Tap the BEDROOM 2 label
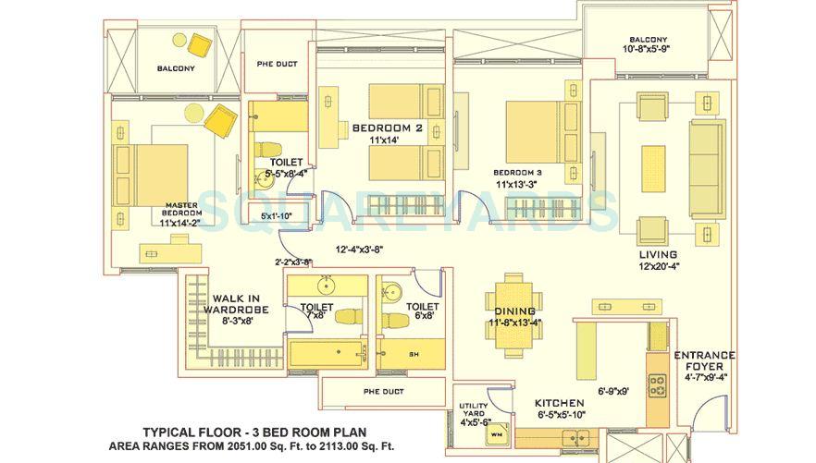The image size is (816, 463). pyautogui.click(x=387, y=128)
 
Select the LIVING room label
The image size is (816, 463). pyautogui.click(x=657, y=254)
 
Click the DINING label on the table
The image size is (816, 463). pyautogui.click(x=514, y=311)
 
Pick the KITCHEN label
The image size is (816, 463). pyautogui.click(x=560, y=403)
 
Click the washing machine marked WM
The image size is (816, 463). pyautogui.click(x=495, y=432)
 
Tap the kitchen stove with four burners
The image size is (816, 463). pyautogui.click(x=659, y=384)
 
